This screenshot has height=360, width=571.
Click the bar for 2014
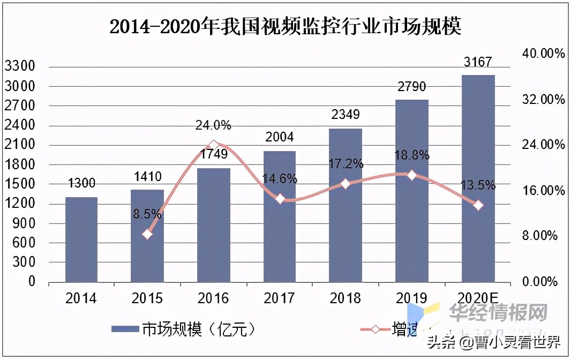click(x=81, y=239)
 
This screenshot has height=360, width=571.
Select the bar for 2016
click(x=214, y=225)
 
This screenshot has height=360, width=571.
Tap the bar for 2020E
click(x=478, y=178)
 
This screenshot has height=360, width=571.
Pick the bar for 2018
click(x=345, y=205)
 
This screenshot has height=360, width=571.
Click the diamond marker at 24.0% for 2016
click(x=214, y=145)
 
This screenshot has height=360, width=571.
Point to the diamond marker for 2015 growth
click(x=148, y=234)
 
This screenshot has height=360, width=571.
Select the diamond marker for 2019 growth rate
click(x=411, y=175)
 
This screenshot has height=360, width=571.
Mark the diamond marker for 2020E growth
click(x=478, y=205)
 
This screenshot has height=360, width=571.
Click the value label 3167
click(x=478, y=63)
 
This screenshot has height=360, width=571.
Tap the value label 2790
click(x=411, y=87)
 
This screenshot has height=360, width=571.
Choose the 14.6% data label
click(x=280, y=179)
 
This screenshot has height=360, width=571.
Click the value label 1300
click(x=81, y=184)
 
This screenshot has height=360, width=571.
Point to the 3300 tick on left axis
click(x=19, y=66)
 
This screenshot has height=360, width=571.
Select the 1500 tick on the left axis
click(x=19, y=184)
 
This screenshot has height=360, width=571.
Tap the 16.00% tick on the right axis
click(x=539, y=191)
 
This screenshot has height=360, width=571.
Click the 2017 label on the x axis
click(x=280, y=298)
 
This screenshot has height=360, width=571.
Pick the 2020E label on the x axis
click(x=478, y=298)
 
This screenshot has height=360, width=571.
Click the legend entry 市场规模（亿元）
click(x=183, y=329)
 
